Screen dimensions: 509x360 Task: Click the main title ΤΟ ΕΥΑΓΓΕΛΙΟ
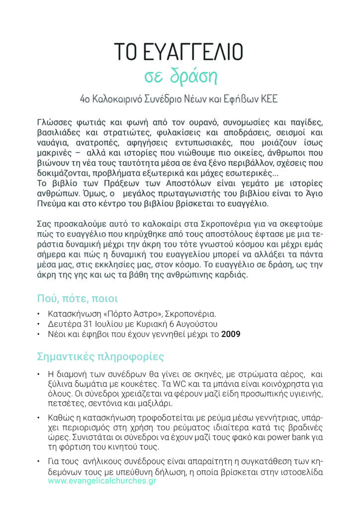179,51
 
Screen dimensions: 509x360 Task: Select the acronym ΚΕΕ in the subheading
269,99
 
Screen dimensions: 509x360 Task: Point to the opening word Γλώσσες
55,122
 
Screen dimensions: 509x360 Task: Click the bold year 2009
231,335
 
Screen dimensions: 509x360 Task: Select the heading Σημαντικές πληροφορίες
100,357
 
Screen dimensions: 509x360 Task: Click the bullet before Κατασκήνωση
39,315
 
